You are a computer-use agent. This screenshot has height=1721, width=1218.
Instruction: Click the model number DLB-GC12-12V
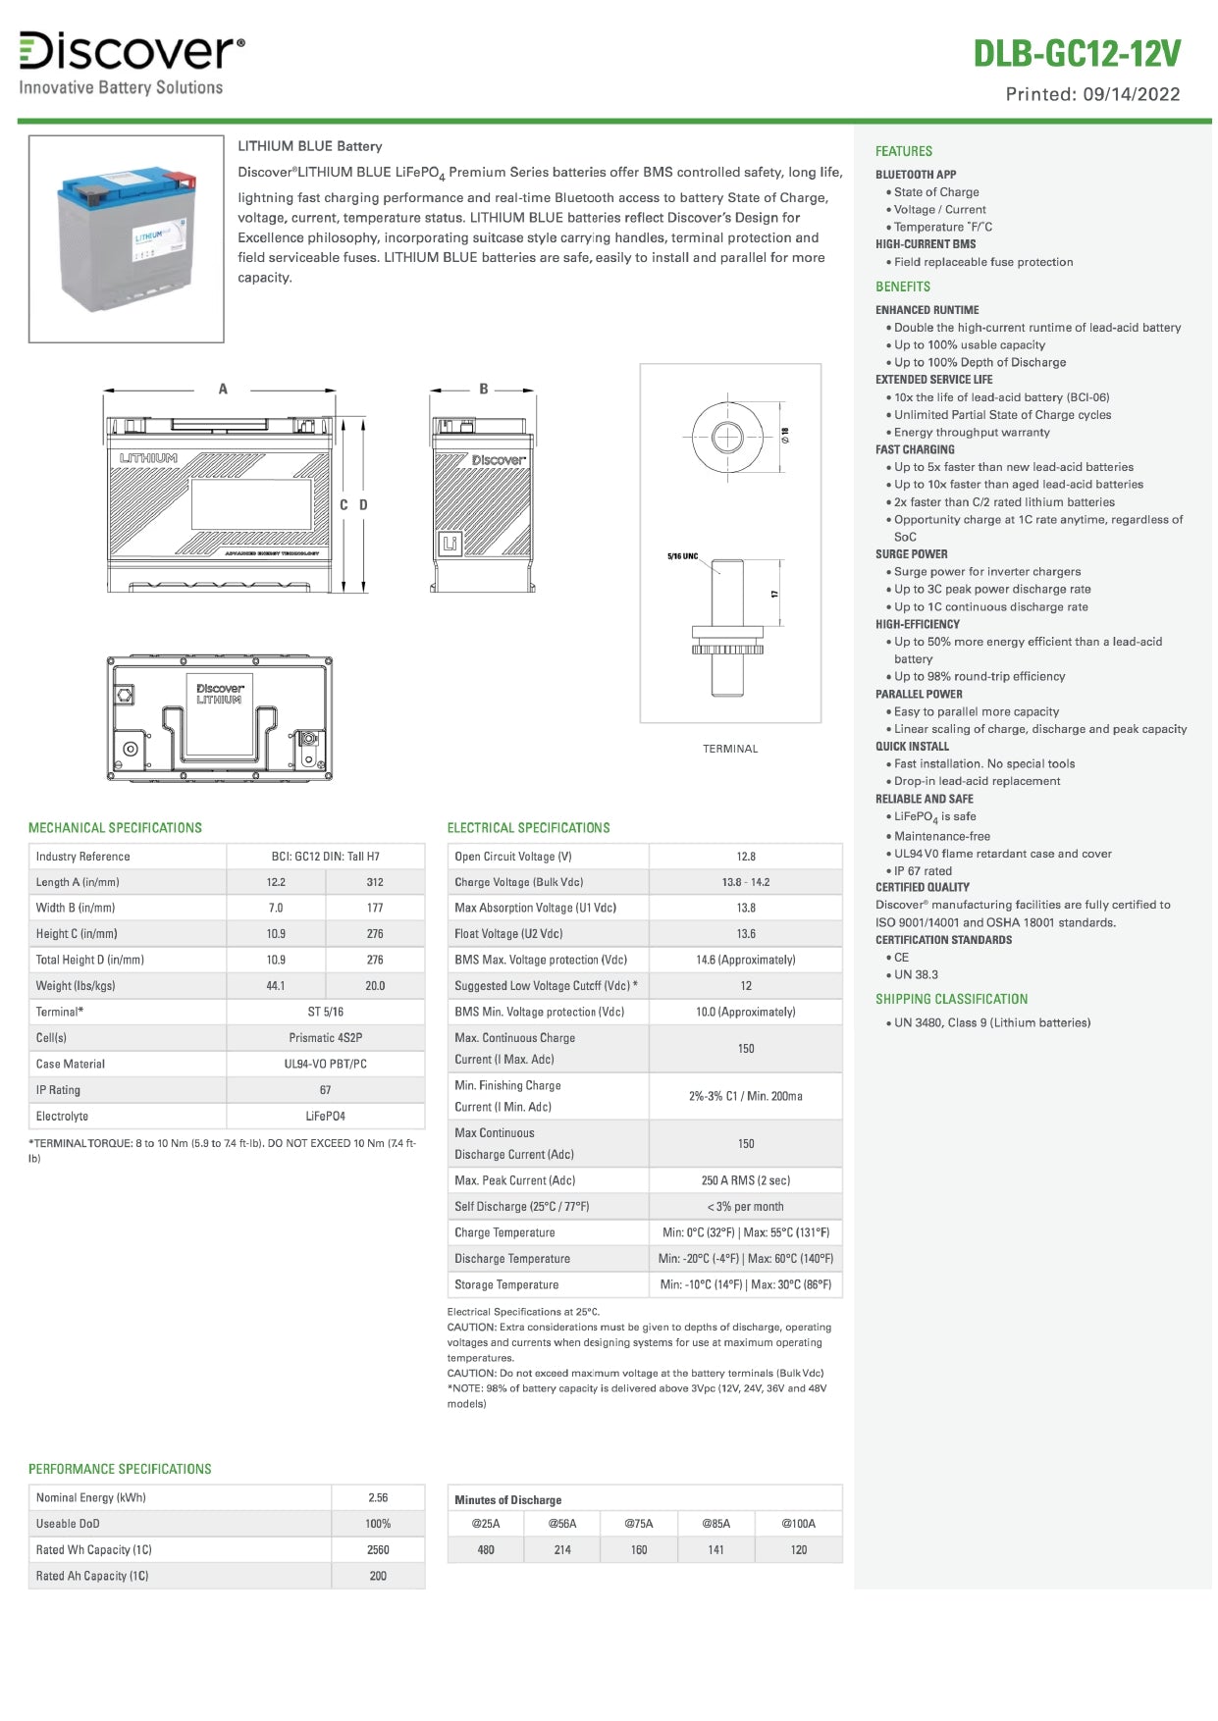pos(1076,54)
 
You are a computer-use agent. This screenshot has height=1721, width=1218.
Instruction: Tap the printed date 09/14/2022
pos(1131,95)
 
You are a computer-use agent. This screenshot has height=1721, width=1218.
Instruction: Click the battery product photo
pos(127,238)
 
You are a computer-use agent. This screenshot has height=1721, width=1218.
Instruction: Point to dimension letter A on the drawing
pos(223,390)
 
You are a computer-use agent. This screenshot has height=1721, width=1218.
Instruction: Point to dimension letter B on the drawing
pos(483,390)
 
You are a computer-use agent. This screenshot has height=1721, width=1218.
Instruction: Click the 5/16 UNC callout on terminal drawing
pos(682,556)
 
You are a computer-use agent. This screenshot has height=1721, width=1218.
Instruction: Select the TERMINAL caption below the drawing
pos(730,749)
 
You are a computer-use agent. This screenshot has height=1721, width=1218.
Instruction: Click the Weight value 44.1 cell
pos(276,986)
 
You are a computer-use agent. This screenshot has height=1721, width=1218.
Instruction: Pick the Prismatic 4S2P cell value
pos(325,1038)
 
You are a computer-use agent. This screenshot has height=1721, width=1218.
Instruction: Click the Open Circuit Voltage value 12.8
pos(746,857)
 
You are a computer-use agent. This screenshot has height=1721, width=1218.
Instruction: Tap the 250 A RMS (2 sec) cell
pos(746,1180)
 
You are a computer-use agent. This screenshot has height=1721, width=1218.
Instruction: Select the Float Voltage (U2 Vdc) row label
pos(508,934)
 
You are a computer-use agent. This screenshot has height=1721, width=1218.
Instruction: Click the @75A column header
pos(639,1524)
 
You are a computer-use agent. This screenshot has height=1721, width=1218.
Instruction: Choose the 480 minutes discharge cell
pos(486,1550)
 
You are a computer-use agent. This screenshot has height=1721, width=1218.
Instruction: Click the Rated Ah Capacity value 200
pos(378,1576)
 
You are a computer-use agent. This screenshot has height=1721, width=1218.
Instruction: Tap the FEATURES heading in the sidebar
pos(904,151)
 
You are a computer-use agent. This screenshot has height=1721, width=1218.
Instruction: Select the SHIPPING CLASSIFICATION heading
pos(951,999)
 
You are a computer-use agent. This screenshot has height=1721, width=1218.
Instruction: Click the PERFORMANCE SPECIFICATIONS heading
pos(120,1469)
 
